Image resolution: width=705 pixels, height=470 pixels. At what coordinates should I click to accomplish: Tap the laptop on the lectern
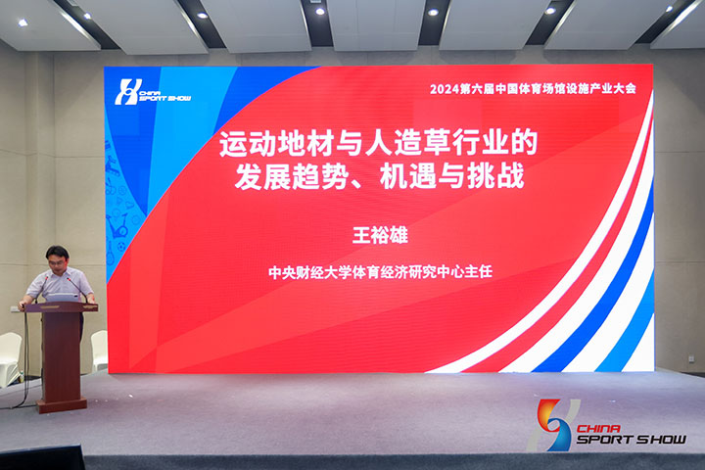click(62, 298)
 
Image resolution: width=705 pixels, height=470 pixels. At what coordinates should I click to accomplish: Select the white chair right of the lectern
click(99, 351)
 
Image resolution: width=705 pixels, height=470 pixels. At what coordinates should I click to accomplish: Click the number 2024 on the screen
click(444, 89)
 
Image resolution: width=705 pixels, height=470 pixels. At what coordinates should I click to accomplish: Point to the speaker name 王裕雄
click(380, 235)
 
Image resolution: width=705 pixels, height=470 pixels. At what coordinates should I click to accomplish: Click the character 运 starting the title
click(234, 143)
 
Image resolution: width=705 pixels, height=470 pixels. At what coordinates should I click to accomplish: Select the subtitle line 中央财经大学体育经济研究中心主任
click(380, 272)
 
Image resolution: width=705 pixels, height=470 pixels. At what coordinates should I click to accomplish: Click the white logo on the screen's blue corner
click(153, 92)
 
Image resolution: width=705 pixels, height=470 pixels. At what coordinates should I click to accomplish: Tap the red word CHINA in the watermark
click(598, 428)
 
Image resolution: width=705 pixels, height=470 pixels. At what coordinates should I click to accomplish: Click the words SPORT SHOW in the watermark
click(632, 439)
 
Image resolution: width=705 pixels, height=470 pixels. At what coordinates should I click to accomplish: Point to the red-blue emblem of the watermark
click(553, 425)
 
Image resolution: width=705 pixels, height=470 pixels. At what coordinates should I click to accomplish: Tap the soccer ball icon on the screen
click(121, 247)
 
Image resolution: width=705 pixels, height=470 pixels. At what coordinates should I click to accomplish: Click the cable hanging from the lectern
click(23, 359)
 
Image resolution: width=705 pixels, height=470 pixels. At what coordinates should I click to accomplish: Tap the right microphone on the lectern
click(77, 289)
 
